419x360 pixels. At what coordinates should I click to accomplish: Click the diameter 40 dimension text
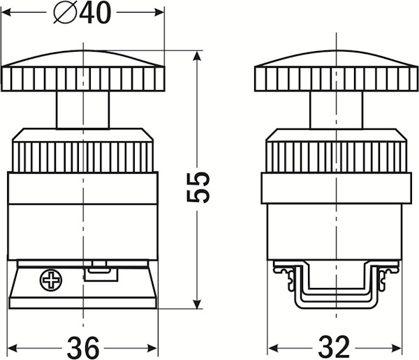tap(82, 13)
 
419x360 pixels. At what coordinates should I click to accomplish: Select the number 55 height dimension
tap(198, 187)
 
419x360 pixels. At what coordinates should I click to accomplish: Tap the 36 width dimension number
tap(83, 347)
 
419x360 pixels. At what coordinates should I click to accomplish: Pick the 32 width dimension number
tap(334, 347)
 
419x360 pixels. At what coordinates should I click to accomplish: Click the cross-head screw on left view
tap(51, 280)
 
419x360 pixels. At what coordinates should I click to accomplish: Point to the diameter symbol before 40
tap(65, 13)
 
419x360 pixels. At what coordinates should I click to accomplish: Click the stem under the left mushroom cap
tap(83, 110)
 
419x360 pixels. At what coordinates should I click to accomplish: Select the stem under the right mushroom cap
tap(336, 110)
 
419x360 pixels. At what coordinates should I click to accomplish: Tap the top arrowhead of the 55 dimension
tap(197, 56)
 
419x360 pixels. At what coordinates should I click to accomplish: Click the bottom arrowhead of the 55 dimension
tap(197, 304)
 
